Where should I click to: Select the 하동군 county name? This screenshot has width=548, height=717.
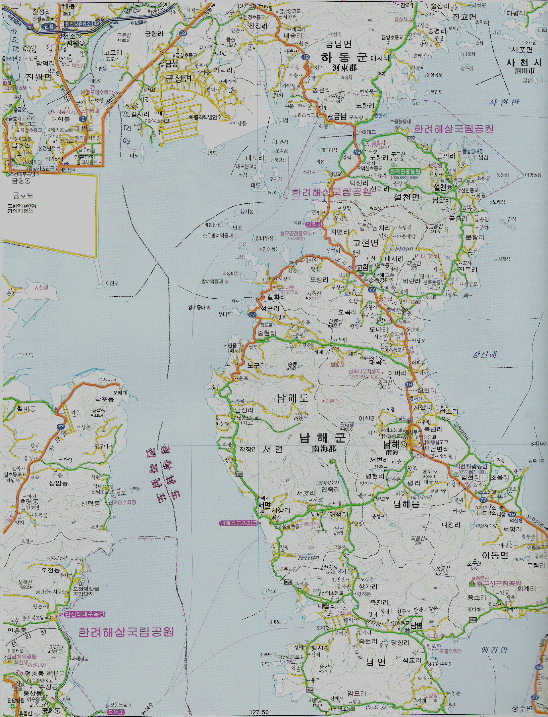pos(344,58)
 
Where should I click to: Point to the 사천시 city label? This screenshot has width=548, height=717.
pos(524,63)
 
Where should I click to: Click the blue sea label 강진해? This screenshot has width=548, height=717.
pos(484,355)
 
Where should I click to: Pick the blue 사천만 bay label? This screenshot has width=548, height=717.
pos(504,102)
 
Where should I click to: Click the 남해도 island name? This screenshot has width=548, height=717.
pos(292,398)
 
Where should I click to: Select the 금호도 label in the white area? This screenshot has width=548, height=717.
pos(23,196)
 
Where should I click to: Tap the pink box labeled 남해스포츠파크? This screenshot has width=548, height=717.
pos(238,523)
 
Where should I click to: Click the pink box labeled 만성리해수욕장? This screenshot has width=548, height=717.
pos(85,614)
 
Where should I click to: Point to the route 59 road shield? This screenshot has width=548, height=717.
pos(183,33)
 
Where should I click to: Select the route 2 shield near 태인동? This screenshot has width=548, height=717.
pos(83,119)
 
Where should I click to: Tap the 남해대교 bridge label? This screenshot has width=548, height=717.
pos(366,132)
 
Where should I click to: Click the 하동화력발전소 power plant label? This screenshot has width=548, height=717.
pos(205,118)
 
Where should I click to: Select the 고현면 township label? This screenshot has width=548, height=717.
pos(365,243)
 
